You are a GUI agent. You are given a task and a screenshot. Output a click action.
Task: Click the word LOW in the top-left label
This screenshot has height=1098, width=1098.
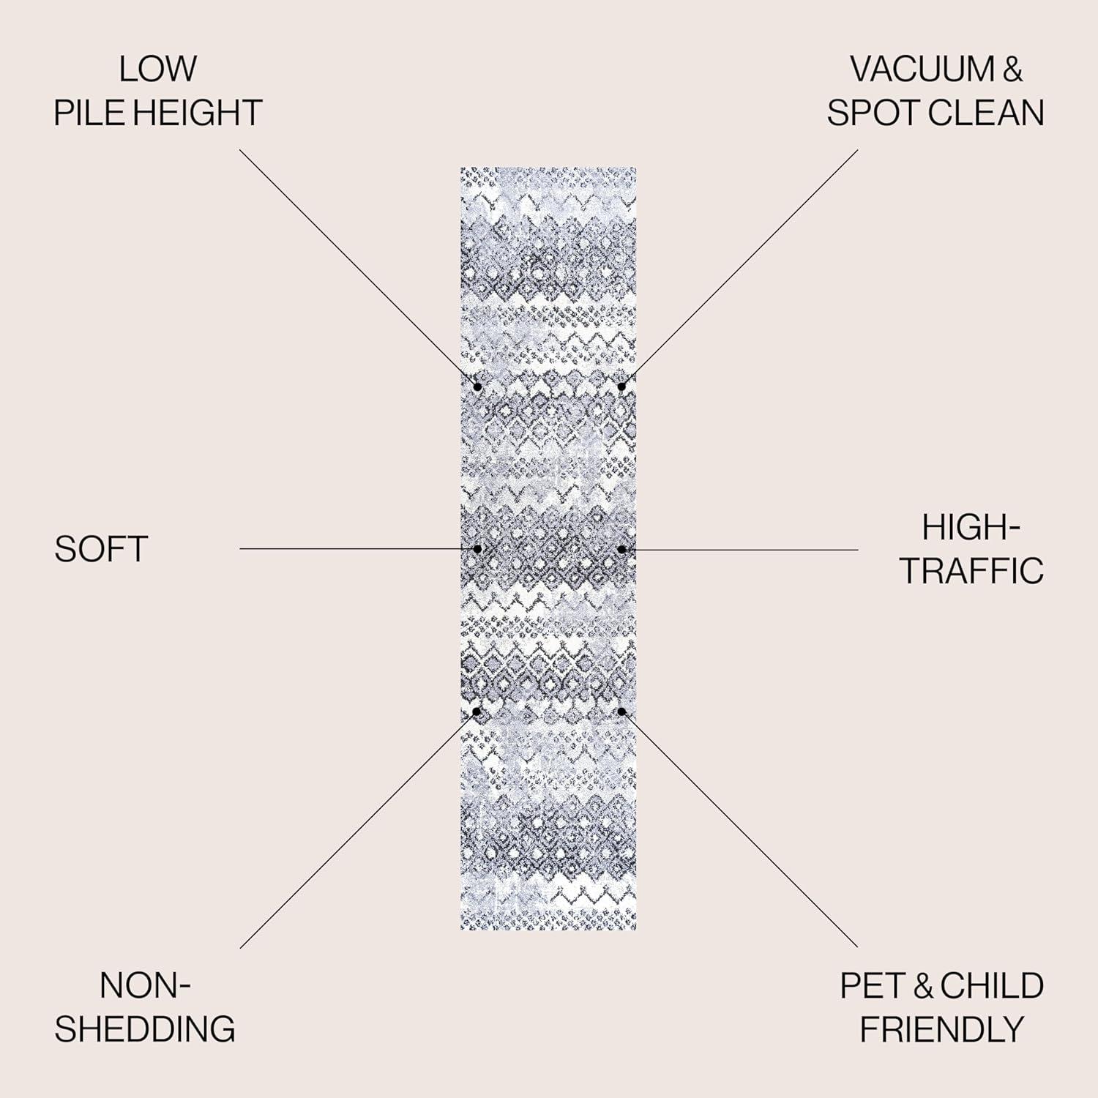pyautogui.click(x=157, y=70)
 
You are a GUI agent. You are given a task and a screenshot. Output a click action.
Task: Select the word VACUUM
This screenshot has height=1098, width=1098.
pyautogui.click(x=922, y=70)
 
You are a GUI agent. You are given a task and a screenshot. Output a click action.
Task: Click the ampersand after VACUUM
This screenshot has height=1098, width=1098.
pyautogui.click(x=1012, y=70)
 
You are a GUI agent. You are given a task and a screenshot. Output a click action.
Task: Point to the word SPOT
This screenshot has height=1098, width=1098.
pyautogui.click(x=873, y=113)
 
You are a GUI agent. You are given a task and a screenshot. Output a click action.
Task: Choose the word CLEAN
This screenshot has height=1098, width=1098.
pyautogui.click(x=985, y=113)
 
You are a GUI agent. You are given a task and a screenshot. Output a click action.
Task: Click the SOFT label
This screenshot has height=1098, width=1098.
pyautogui.click(x=101, y=549)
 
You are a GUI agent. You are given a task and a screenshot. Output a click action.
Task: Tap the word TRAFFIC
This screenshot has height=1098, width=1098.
pyautogui.click(x=971, y=571)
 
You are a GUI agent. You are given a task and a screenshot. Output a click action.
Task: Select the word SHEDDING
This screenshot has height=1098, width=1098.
pyautogui.click(x=145, y=1028)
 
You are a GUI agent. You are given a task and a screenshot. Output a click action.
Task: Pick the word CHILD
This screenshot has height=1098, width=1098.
pyautogui.click(x=992, y=986)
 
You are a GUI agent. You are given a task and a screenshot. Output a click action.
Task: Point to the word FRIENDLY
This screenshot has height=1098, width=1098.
pyautogui.click(x=941, y=1030)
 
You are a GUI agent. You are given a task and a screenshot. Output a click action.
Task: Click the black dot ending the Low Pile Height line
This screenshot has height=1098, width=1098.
pyautogui.click(x=477, y=386)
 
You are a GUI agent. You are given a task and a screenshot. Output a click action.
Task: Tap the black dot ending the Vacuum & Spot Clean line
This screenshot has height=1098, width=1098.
pyautogui.click(x=621, y=386)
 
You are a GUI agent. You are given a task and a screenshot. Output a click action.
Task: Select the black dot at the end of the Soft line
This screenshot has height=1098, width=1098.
pyautogui.click(x=477, y=548)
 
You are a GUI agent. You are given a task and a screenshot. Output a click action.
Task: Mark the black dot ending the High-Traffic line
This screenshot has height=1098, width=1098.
pyautogui.click(x=621, y=548)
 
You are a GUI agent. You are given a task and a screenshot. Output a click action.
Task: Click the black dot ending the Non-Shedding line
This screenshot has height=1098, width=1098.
pyautogui.click(x=477, y=711)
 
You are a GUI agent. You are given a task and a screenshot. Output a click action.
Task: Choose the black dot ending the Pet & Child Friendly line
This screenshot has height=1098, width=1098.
pyautogui.click(x=621, y=711)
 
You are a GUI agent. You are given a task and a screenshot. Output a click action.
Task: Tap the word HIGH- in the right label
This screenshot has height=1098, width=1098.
pyautogui.click(x=971, y=527)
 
